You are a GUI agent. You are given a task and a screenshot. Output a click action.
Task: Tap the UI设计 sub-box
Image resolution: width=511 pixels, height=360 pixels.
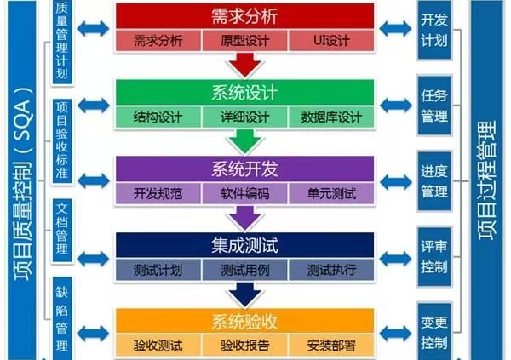(330, 41)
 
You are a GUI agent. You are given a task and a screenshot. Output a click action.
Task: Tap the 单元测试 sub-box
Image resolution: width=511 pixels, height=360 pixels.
(330, 194)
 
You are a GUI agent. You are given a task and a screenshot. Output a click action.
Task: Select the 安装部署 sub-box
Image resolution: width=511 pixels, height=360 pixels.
(330, 346)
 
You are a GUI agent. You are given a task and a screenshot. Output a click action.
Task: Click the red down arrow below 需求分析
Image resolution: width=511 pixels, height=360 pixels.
(244, 63)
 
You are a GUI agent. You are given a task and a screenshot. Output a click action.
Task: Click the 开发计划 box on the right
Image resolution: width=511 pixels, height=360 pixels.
(433, 30)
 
